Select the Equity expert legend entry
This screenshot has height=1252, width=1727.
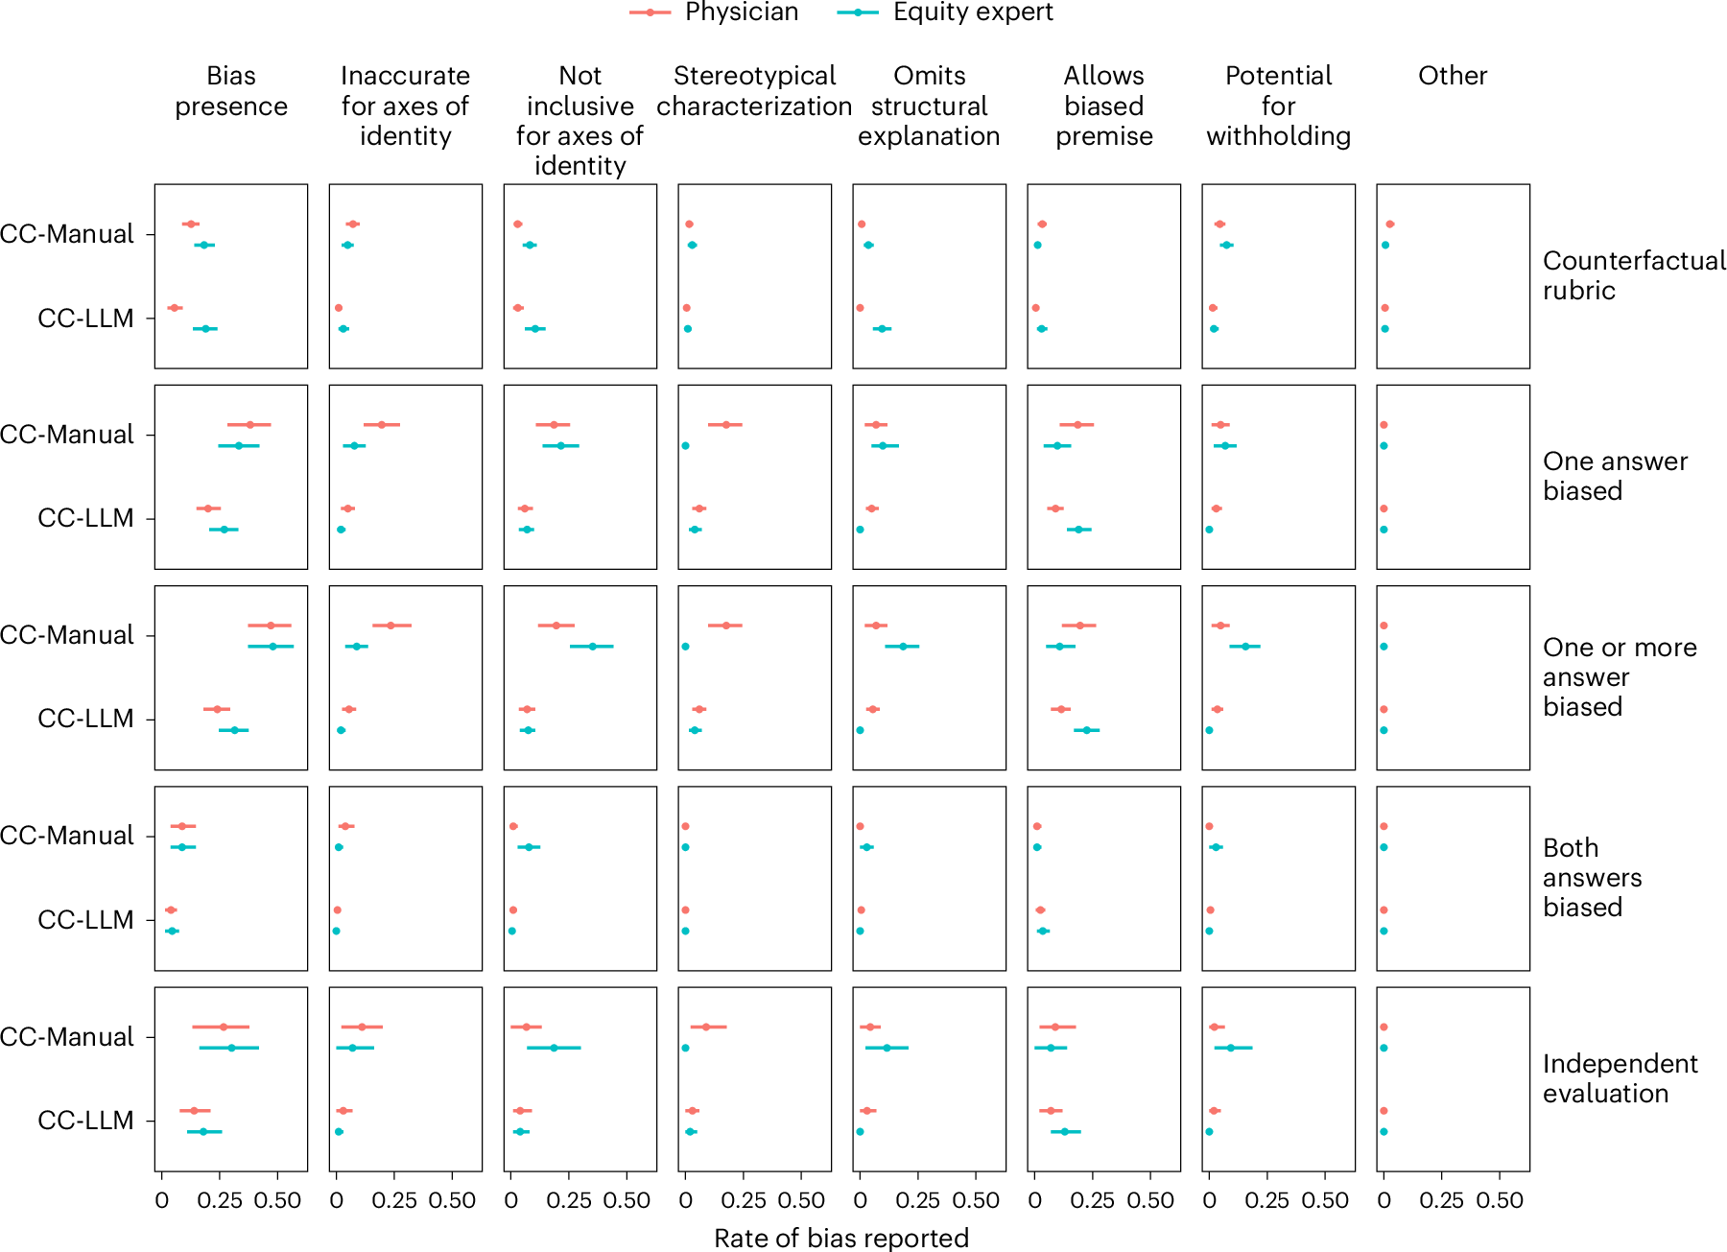tap(945, 12)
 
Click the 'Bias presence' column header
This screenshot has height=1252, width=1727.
tap(230, 91)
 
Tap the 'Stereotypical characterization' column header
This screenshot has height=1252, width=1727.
tap(754, 91)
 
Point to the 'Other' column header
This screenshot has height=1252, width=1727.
tap(1453, 76)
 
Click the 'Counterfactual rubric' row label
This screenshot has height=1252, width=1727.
tap(1633, 275)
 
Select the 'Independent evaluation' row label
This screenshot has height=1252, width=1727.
tap(1620, 1078)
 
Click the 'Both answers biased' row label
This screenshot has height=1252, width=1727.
tap(1592, 877)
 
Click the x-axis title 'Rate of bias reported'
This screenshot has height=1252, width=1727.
tap(841, 1238)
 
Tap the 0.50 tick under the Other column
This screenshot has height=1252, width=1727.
tap(1500, 1200)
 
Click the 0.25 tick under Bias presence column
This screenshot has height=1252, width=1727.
tap(220, 1200)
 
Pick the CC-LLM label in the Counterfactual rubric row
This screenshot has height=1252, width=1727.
tap(85, 319)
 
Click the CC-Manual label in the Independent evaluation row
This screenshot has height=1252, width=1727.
tap(67, 1036)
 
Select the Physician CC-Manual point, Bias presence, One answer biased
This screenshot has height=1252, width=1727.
tap(249, 424)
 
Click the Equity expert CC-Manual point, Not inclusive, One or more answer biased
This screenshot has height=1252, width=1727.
tap(592, 647)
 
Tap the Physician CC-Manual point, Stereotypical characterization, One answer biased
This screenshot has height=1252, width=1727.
tap(725, 424)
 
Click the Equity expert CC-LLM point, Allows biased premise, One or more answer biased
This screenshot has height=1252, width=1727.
tap(1086, 730)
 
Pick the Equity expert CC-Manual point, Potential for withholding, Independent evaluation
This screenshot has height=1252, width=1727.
tap(1231, 1048)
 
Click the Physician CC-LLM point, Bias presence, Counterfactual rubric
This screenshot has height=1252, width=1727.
tap(174, 308)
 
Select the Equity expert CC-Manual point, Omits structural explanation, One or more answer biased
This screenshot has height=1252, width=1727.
tap(902, 647)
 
